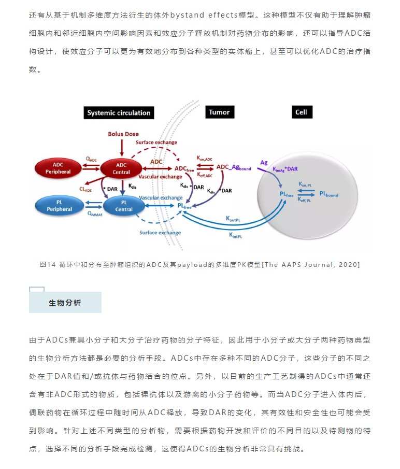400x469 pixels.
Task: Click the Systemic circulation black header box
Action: pos(119,113)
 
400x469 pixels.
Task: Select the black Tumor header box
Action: pos(220,112)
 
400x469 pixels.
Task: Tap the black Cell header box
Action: pos(302,112)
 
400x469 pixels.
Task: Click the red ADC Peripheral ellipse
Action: pos(58,168)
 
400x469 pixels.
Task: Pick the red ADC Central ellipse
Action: pos(121,169)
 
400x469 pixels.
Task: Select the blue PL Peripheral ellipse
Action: pos(59,206)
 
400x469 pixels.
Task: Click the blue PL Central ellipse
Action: pos(124,206)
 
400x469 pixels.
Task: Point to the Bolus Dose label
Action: pos(123,134)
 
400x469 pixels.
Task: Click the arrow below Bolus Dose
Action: pos(122,148)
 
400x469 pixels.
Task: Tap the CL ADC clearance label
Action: pos(85,189)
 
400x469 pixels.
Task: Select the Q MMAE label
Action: pos(95,214)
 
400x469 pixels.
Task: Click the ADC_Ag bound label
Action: pos(234,167)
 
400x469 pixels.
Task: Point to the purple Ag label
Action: pos(264,163)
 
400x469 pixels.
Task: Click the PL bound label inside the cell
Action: pos(328,194)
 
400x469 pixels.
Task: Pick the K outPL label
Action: pos(233,219)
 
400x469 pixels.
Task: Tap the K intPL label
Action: pos(236,235)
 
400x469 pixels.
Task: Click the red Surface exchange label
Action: pos(156,143)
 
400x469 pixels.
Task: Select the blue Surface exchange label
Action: pos(160,233)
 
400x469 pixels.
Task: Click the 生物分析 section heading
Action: pos(65,303)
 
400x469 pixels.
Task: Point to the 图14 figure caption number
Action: pos(48,265)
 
